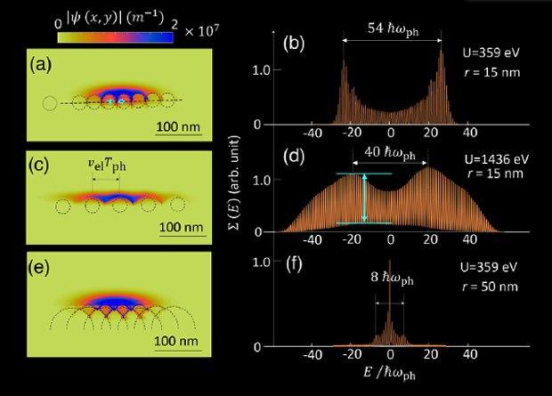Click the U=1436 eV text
tap(494, 159)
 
